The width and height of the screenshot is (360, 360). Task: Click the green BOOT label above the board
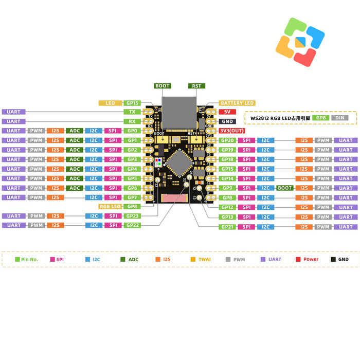[162, 86]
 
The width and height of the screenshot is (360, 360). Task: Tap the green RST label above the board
[196, 86]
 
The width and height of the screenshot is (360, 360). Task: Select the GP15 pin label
[132, 103]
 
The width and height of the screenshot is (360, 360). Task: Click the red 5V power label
[227, 112]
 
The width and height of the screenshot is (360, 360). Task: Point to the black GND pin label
[227, 121]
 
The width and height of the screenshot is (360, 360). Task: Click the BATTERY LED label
[237, 103]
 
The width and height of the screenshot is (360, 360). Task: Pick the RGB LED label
[109, 206]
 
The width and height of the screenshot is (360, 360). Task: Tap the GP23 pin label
[132, 216]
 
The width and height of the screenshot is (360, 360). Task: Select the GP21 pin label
[227, 227]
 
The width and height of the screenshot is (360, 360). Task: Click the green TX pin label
[132, 112]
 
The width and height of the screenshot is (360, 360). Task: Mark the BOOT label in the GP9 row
[285, 188]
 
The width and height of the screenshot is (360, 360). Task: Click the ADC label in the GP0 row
[75, 131]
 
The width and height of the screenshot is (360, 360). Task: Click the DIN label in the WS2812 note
[339, 118]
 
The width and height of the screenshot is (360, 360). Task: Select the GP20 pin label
[227, 140]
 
